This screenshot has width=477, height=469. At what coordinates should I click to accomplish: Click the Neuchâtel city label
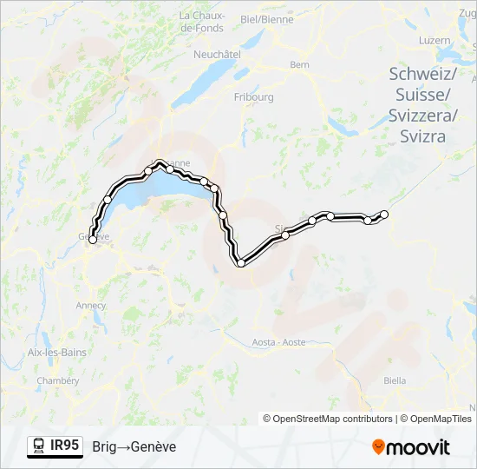coord(217,53)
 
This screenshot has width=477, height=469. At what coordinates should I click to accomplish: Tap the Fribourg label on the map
coord(253,97)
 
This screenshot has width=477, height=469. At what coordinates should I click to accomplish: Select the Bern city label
coord(299,64)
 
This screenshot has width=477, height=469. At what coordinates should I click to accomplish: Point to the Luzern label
coord(434,40)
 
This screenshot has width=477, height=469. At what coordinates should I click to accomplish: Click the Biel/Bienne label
coord(266,18)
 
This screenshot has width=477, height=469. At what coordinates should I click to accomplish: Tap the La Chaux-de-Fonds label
coord(201,22)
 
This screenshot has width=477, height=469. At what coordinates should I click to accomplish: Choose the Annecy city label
coord(91,306)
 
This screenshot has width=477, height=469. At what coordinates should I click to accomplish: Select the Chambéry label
coord(58,380)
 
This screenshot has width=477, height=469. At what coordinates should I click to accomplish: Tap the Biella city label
coord(395,380)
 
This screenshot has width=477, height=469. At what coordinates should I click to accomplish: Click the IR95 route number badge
coord(65,446)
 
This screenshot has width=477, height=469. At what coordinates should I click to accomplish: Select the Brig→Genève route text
coord(134,446)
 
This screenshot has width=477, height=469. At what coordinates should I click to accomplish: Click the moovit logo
coord(411,447)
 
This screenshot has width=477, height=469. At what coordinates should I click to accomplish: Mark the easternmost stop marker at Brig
coord(384,214)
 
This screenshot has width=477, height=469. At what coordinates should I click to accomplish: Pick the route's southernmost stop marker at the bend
coord(240,262)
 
